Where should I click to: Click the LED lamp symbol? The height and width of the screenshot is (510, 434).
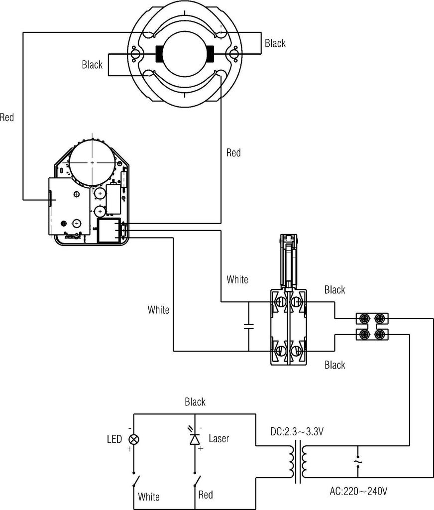tap(133, 439)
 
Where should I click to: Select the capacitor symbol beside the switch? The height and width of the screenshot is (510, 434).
tap(249, 327)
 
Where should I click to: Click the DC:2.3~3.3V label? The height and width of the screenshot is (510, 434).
tap(297, 432)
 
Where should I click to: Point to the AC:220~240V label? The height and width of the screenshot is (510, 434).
tap(358, 491)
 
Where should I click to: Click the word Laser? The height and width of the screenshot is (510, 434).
tap(219, 438)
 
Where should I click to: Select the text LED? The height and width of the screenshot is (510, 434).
tap(114, 439)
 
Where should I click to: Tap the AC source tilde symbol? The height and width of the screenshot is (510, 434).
tap(358, 462)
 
